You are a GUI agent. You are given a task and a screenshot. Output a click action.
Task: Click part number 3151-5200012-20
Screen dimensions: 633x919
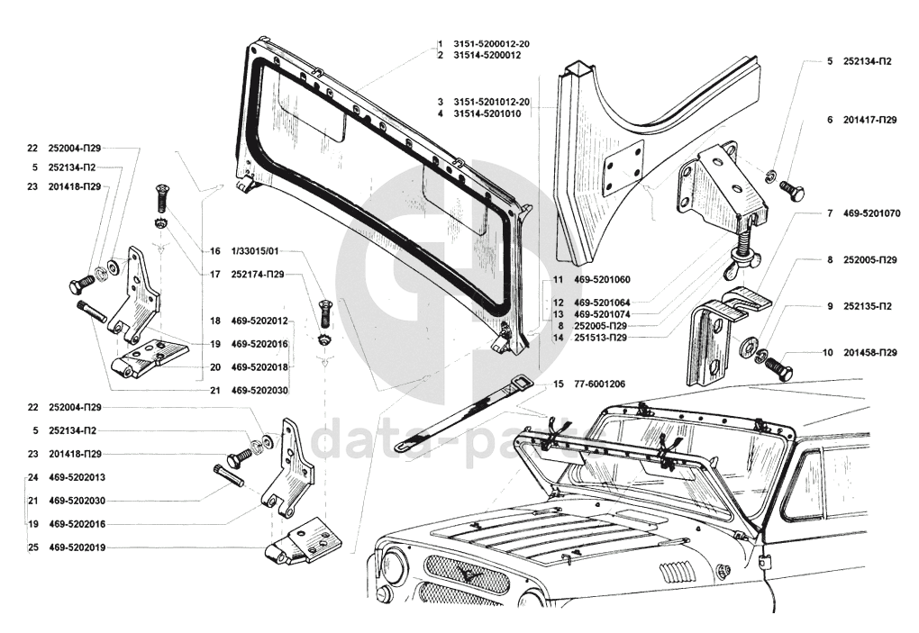[492, 44]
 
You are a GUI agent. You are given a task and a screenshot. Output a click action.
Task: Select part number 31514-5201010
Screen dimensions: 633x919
[487, 113]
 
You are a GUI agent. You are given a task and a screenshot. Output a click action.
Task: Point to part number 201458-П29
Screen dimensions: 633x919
[870, 352]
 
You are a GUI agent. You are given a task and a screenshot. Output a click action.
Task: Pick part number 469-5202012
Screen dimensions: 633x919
[259, 321]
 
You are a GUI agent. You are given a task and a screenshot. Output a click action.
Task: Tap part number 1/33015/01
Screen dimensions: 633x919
[256, 252]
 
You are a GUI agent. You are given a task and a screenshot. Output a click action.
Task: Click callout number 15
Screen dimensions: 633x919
[559, 384]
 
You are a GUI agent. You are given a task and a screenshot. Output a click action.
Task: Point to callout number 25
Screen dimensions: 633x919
[32, 547]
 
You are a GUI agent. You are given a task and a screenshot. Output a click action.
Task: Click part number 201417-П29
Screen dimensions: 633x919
[870, 120]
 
